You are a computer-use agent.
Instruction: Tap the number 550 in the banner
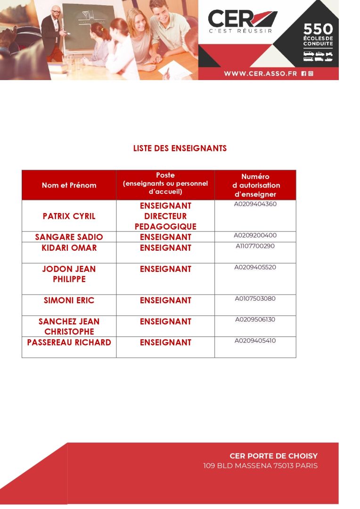tap(318, 30)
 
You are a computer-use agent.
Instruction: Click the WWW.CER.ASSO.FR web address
tap(261, 74)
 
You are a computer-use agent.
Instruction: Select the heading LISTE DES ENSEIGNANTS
tap(180, 148)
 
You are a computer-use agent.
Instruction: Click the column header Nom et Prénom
tap(69, 185)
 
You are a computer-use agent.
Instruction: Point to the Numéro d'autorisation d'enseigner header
tap(256, 185)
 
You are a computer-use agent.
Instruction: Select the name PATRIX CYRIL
tap(69, 216)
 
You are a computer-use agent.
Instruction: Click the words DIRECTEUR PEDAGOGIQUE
tap(165, 222)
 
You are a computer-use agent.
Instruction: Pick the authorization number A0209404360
tap(255, 204)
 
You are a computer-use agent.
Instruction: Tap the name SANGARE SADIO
tap(69, 237)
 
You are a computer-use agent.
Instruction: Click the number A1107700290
tap(255, 246)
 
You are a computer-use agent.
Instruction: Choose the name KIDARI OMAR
tap(70, 248)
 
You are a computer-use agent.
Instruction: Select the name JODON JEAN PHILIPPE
tap(69, 274)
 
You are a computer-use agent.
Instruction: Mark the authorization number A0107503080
tap(255, 298)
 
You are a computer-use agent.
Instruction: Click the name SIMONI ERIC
tap(69, 300)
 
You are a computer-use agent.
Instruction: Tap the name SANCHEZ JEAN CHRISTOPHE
tap(69, 326)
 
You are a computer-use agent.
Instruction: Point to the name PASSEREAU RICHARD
tap(69, 342)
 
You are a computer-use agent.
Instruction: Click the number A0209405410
tap(255, 340)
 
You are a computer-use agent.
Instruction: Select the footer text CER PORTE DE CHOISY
tap(273, 456)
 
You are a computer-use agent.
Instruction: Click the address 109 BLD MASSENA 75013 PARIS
tap(260, 466)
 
